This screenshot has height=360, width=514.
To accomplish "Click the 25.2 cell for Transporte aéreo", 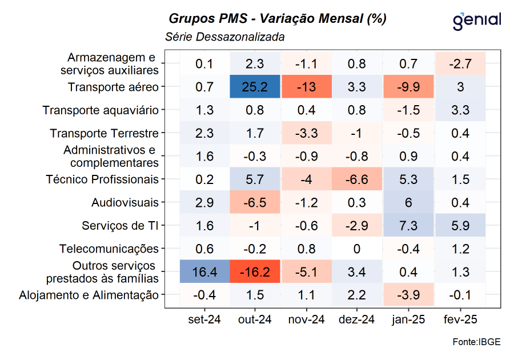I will pyautogui.click(x=255, y=87).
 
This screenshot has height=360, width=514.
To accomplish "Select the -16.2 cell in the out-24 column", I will pyautogui.click(x=255, y=272).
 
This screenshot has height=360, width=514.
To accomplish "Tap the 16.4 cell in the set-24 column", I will pyautogui.click(x=204, y=272).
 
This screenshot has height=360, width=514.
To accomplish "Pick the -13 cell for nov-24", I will pyautogui.click(x=306, y=87).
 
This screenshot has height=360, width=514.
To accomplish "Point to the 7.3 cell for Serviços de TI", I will pyautogui.click(x=409, y=226).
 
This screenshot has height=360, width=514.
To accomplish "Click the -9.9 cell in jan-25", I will pyautogui.click(x=409, y=87).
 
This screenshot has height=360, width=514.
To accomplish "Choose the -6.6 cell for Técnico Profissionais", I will pyautogui.click(x=358, y=179).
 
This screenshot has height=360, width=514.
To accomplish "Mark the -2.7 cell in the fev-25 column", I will pyautogui.click(x=460, y=63).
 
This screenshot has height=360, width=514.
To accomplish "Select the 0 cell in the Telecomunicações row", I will pyautogui.click(x=358, y=249).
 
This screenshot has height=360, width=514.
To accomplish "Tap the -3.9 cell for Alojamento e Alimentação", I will pyautogui.click(x=409, y=295).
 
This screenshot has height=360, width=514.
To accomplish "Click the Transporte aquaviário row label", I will pyautogui.click(x=101, y=110).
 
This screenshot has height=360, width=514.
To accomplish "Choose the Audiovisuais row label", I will pyautogui.click(x=125, y=202).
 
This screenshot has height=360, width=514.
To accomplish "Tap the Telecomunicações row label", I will pyautogui.click(x=109, y=249).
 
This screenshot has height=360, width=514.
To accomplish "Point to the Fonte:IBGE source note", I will pyautogui.click(x=477, y=342).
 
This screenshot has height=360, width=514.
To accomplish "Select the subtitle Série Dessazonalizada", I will pyautogui.click(x=224, y=37).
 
